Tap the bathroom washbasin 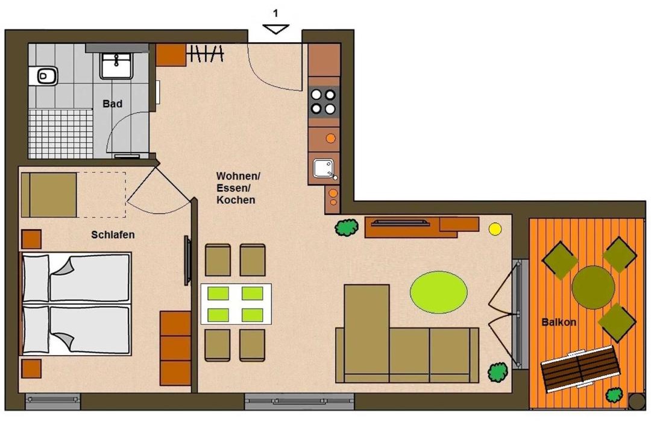[116, 66]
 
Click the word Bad [113, 104]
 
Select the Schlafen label [113, 234]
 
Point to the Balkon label [559, 322]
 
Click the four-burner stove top [324, 102]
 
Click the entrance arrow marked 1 [276, 29]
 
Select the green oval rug [438, 292]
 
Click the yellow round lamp [495, 229]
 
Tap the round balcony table [593, 288]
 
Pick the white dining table [236, 304]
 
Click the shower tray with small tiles [61, 134]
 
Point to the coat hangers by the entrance [207, 54]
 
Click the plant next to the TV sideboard [347, 228]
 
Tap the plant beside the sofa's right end [498, 372]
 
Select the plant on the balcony [614, 395]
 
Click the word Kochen [236, 200]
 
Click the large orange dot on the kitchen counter [330, 138]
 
